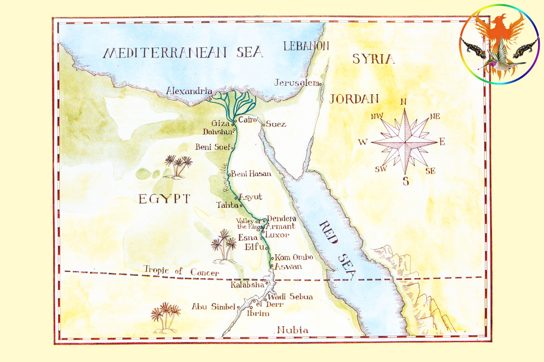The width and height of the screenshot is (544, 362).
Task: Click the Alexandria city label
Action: click(x=189, y=91)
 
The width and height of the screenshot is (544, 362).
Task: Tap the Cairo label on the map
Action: click(x=247, y=120)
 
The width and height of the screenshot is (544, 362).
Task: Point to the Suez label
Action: click(x=276, y=124)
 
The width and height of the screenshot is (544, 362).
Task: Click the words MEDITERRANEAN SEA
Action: click(x=183, y=53)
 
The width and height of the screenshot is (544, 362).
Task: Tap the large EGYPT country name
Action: click(x=164, y=199)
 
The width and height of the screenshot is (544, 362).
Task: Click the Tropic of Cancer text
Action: click(x=181, y=271)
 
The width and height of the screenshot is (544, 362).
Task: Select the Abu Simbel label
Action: click(x=213, y=306)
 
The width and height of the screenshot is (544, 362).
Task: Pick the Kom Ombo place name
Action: click(x=294, y=258)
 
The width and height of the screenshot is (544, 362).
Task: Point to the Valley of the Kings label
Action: click(x=249, y=224)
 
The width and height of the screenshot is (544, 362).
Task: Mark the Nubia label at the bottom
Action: click(x=292, y=330)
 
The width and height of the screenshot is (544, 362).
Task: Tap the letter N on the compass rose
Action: click(x=404, y=102)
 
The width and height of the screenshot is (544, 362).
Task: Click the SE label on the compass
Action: click(x=430, y=171)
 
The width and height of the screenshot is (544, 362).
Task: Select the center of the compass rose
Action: click(x=405, y=142)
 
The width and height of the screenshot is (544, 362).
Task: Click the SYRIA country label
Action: click(x=373, y=59)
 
